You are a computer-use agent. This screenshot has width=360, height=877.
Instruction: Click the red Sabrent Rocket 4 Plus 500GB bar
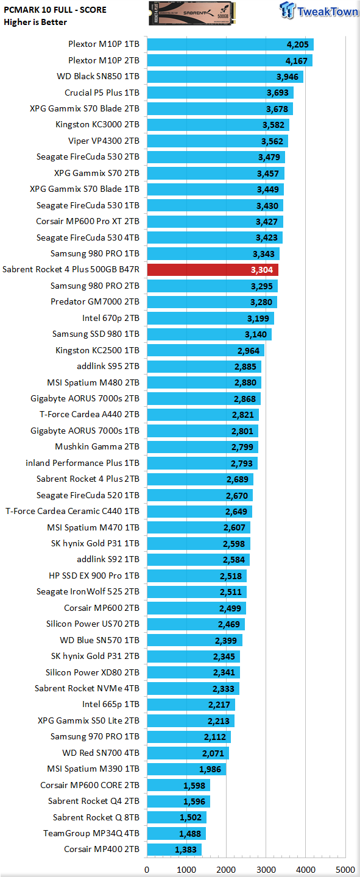(x=213, y=270)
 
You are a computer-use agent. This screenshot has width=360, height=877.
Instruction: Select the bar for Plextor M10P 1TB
(x=230, y=44)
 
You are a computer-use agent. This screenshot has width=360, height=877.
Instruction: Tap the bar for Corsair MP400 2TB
(x=174, y=850)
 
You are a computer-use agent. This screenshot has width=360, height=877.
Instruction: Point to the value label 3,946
(x=287, y=77)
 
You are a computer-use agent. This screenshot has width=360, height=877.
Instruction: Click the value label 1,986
(x=210, y=769)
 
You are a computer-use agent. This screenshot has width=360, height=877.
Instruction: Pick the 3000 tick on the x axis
(x=266, y=870)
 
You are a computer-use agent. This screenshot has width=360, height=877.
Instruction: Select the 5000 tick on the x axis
(x=345, y=870)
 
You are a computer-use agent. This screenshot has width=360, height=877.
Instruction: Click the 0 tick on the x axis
(x=147, y=870)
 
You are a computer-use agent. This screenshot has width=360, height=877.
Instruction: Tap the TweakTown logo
(x=319, y=10)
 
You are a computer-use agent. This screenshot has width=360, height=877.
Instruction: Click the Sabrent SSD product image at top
(x=192, y=13)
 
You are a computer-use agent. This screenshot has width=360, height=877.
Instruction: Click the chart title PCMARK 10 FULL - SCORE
(x=55, y=10)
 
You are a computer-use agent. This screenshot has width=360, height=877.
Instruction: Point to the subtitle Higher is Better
(x=35, y=23)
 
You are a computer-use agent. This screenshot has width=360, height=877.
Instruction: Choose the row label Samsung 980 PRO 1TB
(x=95, y=254)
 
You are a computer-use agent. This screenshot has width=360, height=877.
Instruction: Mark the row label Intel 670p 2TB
(x=111, y=318)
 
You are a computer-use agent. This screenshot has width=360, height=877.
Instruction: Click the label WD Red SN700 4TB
(x=101, y=753)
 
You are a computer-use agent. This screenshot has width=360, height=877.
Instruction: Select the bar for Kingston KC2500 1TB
(x=206, y=350)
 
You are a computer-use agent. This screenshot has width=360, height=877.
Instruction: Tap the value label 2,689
(x=238, y=479)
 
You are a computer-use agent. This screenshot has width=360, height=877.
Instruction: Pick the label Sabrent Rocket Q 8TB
(x=96, y=817)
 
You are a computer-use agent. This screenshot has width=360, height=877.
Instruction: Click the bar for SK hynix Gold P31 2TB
(x=194, y=657)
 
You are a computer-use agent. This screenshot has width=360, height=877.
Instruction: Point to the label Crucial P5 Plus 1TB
(x=102, y=93)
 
